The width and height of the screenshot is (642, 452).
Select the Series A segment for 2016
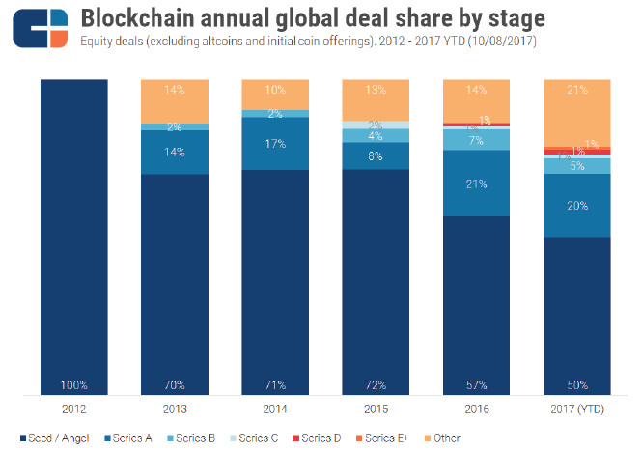476,184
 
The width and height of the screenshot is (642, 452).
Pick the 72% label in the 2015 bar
376,385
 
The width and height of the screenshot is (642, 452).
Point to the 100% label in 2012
74,385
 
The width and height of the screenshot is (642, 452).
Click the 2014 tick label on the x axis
275,410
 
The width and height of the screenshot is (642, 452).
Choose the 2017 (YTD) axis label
577,410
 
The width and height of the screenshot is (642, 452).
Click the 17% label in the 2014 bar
275,143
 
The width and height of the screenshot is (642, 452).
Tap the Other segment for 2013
174,100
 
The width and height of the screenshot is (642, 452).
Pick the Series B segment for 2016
476,141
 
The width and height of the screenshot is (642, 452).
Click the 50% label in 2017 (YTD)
577,385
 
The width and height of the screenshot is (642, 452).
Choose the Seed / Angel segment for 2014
275,280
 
